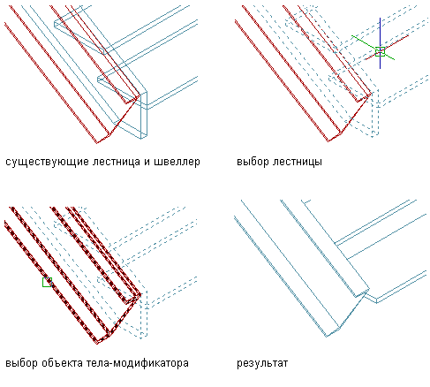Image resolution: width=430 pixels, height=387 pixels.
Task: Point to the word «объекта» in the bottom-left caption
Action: tap(62, 363)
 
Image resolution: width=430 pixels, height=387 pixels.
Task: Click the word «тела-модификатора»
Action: tap(138, 363)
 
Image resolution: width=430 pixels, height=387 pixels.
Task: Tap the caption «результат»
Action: tap(262, 363)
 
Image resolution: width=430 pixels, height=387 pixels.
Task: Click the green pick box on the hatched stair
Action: tap(47, 282)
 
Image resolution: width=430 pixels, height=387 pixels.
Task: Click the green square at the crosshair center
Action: tap(380, 51)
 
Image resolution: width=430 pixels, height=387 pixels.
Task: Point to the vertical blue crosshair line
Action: tap(380, 43)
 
